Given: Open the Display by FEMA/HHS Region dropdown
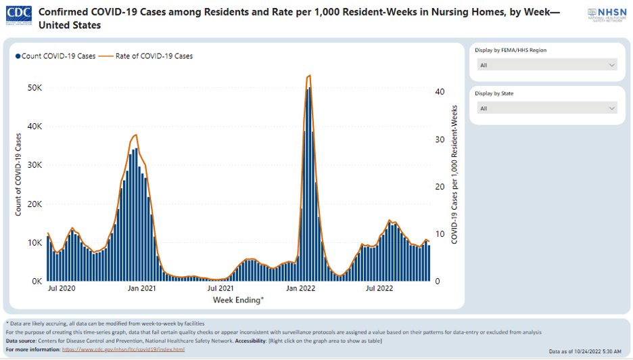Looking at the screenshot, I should (547, 65).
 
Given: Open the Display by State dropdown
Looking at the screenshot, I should (547, 108).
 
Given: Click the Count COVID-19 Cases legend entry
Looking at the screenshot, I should (56, 56).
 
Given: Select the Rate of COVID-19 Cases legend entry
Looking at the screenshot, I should (150, 56).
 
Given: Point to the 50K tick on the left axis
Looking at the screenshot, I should (34, 88).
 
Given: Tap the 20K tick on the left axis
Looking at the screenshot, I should (34, 204).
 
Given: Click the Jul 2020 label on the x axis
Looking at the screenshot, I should (62, 289).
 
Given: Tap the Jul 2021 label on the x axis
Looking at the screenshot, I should (220, 289).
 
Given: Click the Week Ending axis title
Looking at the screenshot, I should (239, 299).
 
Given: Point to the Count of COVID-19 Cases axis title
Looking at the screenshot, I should (18, 175).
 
